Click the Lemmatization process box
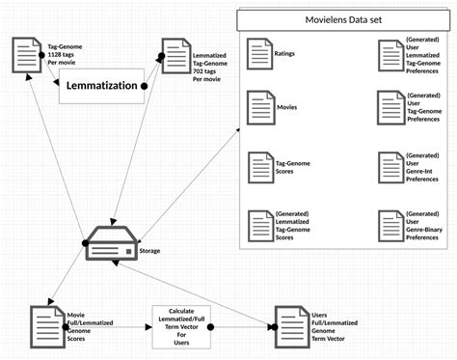tap(100, 86)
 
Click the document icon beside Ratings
tap(258, 55)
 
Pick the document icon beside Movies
tap(258, 107)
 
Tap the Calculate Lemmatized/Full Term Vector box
tap(179, 327)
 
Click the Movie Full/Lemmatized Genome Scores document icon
tap(45, 325)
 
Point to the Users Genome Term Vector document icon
tap(289, 326)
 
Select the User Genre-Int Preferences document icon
tap(389, 168)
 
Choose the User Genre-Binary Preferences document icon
tap(389, 227)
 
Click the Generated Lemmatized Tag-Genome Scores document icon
tap(258, 227)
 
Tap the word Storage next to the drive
tap(149, 250)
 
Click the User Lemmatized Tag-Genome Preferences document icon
tap(389, 55)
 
